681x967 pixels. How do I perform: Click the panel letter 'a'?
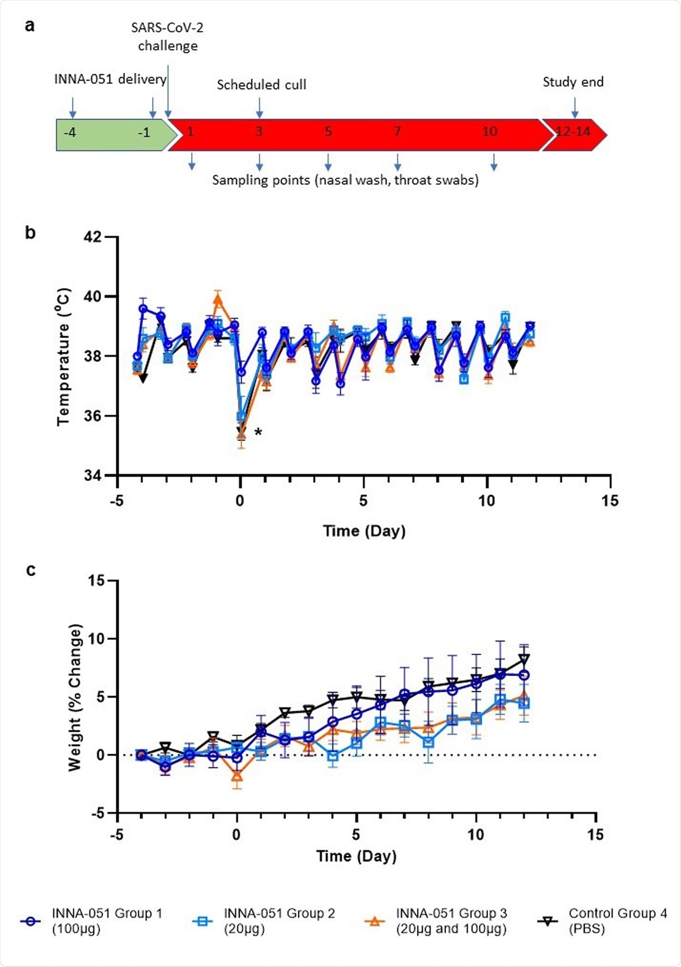point(30,26)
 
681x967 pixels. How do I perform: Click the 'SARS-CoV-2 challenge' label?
point(167,36)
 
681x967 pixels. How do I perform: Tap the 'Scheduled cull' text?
point(262,85)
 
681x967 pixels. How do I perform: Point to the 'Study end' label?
point(573,82)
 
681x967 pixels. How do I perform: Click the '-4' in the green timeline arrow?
point(70,133)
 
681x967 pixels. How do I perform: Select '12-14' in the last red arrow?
point(573,132)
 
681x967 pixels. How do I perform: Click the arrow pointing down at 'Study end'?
point(575,107)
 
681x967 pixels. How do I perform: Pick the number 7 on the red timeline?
point(397,132)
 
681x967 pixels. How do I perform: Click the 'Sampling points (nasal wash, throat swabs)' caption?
point(345,180)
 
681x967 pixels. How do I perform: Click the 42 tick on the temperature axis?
point(93,237)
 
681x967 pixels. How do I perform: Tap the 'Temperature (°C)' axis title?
point(64,357)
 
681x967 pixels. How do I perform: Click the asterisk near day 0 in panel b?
point(258,433)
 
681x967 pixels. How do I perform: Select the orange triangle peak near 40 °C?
point(218,298)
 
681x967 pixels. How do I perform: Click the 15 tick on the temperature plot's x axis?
point(610,501)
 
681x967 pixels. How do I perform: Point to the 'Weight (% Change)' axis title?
point(75,698)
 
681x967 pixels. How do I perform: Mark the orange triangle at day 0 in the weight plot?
point(237,775)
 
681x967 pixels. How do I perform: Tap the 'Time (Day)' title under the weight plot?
point(356,856)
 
